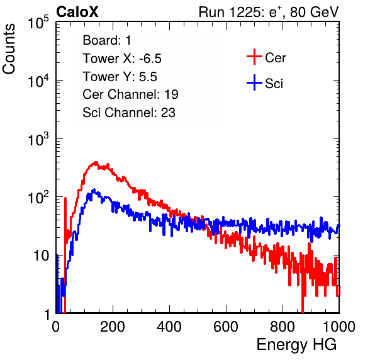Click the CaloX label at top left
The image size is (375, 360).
click(x=77, y=12)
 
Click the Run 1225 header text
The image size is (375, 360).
click(x=269, y=12)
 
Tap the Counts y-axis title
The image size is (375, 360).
click(x=9, y=49)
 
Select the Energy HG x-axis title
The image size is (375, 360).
click(x=296, y=345)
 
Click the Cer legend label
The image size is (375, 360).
click(x=275, y=58)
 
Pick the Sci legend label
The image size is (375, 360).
click(x=274, y=84)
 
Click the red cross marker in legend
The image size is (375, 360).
click(x=254, y=57)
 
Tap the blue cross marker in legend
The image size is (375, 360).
click(x=254, y=82)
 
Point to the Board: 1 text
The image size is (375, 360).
click(x=107, y=40)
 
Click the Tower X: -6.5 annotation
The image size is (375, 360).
click(x=122, y=59)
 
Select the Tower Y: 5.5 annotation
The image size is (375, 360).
click(x=120, y=77)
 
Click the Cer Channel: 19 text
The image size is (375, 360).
click(x=130, y=94)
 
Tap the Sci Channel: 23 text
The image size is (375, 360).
click(x=129, y=113)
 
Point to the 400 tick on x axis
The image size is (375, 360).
click(x=169, y=327)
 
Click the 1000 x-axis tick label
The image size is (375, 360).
click(x=339, y=327)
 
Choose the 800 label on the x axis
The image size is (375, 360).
click(x=283, y=327)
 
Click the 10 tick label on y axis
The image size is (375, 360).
click(x=42, y=256)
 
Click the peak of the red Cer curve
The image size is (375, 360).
click(x=96, y=162)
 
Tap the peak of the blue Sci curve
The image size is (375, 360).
click(x=94, y=189)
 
